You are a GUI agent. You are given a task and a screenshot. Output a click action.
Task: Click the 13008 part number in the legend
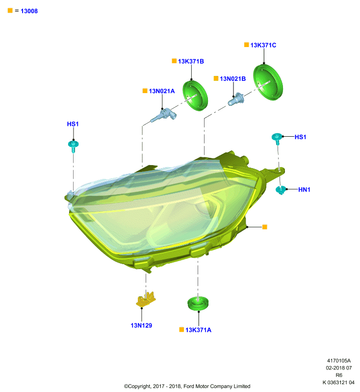click(x=29, y=11)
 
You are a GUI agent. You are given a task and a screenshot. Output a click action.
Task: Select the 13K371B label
click(x=191, y=61)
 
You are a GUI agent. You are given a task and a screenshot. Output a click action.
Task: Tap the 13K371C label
click(x=263, y=45)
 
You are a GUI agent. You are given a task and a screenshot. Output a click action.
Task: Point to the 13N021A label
click(x=162, y=91)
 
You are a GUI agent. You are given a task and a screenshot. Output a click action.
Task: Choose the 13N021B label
click(x=232, y=79)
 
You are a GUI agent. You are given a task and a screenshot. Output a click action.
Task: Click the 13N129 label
click(x=141, y=325)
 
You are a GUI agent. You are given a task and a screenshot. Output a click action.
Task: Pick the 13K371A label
click(x=198, y=330)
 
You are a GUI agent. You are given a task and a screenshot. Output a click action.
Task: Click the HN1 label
click(x=304, y=190)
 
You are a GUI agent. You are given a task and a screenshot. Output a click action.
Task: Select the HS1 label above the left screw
click(x=73, y=124)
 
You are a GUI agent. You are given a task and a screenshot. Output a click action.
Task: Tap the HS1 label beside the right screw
click(x=300, y=137)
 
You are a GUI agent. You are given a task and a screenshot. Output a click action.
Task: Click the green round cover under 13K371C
click(x=268, y=82)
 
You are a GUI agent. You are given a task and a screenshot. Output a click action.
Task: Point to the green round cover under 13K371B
click(x=195, y=96)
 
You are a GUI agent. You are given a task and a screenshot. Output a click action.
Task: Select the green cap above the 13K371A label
click(x=198, y=303)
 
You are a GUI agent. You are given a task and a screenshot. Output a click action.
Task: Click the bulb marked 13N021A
click(x=164, y=115)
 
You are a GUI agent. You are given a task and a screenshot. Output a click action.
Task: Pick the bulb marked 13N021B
click(x=235, y=99)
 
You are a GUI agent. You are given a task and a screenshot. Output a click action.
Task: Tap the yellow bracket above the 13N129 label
click(x=146, y=299)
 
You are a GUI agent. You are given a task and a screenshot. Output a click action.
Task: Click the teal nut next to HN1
click(x=281, y=190)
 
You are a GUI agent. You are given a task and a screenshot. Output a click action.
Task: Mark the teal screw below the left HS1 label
click(x=73, y=146)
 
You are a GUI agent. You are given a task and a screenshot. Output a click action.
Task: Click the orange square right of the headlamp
click(x=265, y=227)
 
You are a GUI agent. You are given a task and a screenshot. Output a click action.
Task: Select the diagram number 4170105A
click(x=339, y=361)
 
